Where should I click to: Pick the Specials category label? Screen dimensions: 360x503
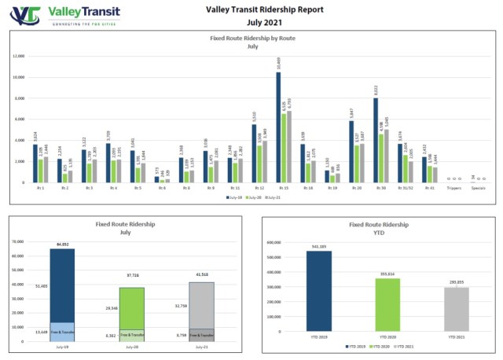476,189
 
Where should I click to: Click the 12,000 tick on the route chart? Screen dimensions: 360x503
19,57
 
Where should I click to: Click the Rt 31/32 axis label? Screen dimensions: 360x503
404,189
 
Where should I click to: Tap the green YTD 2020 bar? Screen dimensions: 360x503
387,306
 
